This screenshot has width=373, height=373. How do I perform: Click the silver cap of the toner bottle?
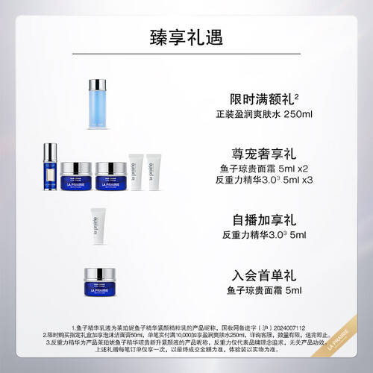coord(99,84)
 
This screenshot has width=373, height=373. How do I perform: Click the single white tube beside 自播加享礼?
coord(95,222)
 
